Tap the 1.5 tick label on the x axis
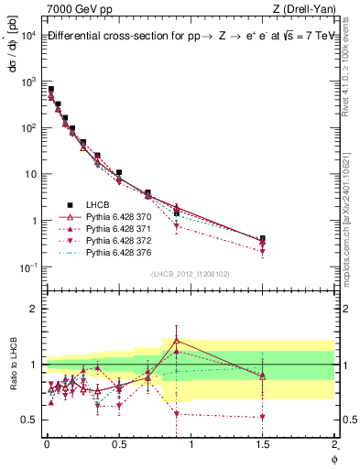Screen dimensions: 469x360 [x=263, y=446]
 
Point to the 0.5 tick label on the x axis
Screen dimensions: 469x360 [x=118, y=446]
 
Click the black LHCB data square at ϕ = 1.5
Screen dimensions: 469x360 [x=263, y=239]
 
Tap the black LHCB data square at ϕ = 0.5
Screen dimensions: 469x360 [x=119, y=172]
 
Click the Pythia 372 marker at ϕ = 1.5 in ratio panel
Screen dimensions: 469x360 [x=263, y=417]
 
